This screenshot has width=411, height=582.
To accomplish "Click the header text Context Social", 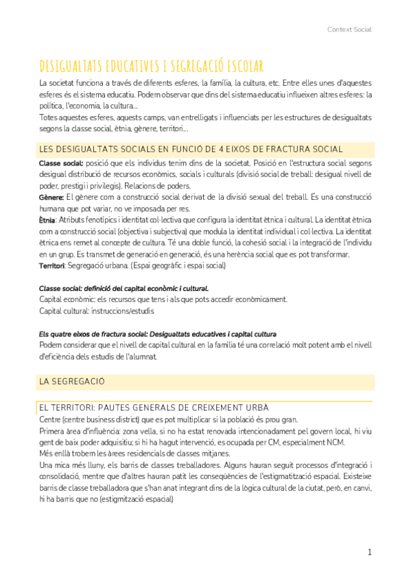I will (349, 30).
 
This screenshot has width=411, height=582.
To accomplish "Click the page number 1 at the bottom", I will (369, 552).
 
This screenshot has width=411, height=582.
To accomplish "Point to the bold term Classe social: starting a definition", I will (61, 163).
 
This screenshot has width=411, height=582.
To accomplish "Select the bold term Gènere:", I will (51, 197).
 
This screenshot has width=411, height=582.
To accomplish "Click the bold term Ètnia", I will (48, 220).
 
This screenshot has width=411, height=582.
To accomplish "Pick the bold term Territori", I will (51, 266).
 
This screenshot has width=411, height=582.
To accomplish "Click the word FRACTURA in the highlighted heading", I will (273, 150).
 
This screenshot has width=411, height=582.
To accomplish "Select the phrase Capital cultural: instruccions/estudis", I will (97, 311).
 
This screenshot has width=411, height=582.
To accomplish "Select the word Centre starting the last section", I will (51, 420).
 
